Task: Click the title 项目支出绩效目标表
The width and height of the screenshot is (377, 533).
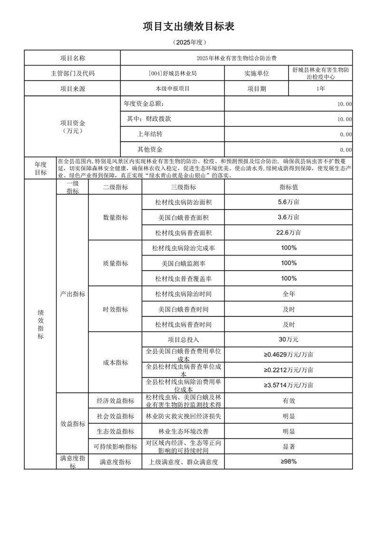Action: click(188, 27)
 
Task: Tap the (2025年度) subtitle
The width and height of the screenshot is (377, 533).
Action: click(188, 43)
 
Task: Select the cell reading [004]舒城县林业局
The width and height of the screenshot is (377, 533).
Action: click(172, 74)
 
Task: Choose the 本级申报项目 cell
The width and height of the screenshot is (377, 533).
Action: click(172, 89)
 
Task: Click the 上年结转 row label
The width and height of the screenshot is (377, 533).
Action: click(150, 134)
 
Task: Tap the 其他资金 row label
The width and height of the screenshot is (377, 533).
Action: click(150, 150)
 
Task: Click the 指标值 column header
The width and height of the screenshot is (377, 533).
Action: click(289, 188)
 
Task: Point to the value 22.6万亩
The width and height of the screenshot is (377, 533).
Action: click(289, 233)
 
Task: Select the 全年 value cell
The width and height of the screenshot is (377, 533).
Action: click(289, 294)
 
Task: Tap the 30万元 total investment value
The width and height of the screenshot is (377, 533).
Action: click(289, 340)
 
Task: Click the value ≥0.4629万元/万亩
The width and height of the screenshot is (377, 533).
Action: click(289, 355)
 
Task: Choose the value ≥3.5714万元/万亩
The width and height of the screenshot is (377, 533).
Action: click(289, 385)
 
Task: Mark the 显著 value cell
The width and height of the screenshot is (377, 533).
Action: click(289, 447)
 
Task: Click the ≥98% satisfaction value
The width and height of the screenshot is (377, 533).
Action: click(289, 462)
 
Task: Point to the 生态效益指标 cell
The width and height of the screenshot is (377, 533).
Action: click(115, 431)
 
